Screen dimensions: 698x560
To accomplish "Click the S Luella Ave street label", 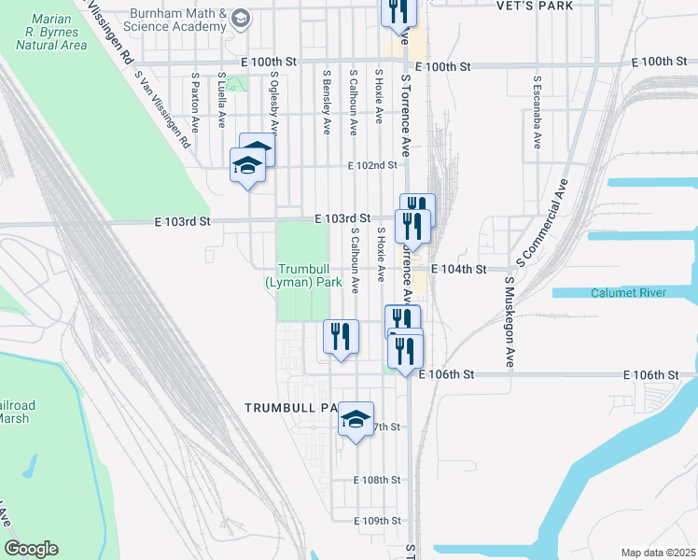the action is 221,101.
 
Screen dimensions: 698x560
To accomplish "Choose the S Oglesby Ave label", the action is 273,101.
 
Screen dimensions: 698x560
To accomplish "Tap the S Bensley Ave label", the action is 327,101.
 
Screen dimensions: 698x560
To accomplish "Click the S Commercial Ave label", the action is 549,215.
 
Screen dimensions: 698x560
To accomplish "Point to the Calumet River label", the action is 628,293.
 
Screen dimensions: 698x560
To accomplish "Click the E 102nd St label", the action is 372,165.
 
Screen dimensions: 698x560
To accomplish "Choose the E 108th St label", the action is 377,480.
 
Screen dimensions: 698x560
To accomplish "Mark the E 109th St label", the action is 377,521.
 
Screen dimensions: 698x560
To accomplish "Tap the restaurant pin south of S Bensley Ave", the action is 341,338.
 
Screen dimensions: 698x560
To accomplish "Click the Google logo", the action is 31,548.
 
